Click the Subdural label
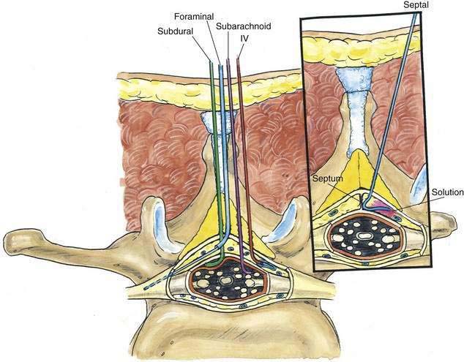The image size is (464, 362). pos(175,31)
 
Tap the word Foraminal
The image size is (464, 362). pos(194,16)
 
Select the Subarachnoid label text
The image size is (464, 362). pos(243,26)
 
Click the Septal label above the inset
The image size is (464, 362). pos(416,4)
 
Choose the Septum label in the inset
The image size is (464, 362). pos(328,178)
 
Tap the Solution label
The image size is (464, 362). pos(447,192)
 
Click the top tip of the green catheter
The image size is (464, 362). pos(211,62)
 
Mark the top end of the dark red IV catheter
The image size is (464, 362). pos(238,59)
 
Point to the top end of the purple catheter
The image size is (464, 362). pos(228,60)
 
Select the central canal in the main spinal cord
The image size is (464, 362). pos(225,281)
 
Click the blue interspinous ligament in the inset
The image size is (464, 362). pos(356,113)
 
